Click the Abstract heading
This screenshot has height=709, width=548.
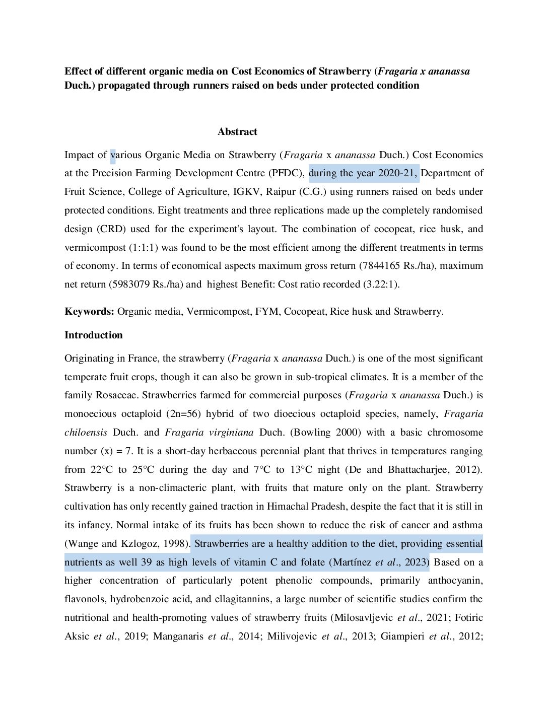click(237, 131)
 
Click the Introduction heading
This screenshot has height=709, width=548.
click(93, 335)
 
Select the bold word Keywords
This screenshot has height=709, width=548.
click(89, 311)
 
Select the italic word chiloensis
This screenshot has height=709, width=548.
click(86, 432)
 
